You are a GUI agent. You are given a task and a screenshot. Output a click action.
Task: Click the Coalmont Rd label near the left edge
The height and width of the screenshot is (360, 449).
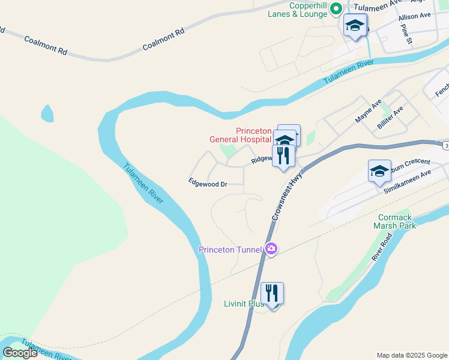[x=46, y=46]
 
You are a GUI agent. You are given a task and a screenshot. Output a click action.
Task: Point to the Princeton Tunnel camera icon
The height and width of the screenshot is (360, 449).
[x=271, y=248]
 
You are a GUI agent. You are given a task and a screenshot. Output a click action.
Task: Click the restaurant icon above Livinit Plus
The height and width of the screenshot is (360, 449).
[x=272, y=293]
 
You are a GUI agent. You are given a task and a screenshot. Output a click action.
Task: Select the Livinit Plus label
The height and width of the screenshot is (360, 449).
[x=244, y=304]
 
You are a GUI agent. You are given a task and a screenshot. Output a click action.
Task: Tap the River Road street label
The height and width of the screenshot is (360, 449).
[x=382, y=247]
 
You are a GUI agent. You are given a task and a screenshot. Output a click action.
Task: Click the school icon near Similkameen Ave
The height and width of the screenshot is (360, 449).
[x=379, y=171]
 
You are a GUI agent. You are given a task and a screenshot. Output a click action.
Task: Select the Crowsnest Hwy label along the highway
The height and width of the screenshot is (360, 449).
[x=286, y=193]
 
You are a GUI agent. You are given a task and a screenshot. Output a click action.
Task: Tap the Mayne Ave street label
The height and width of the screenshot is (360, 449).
[x=368, y=112]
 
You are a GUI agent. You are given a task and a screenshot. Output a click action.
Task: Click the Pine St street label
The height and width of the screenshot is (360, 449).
[x=407, y=35]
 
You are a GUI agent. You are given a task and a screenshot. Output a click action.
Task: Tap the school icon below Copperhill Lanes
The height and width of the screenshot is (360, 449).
[x=355, y=26]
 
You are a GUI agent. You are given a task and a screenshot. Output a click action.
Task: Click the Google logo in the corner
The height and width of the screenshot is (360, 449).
[x=20, y=353]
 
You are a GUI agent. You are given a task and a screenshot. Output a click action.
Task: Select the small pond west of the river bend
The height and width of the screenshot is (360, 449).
[x=46, y=112]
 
